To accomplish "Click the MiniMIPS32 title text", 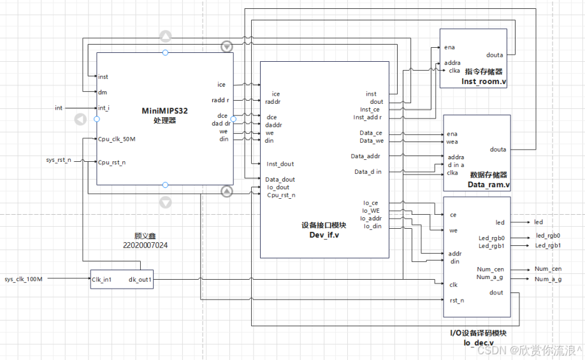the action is coord(164,111).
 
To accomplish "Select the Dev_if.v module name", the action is coord(324,234).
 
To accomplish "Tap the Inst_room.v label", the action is coord(484,82).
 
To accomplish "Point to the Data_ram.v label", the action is coord(488,185).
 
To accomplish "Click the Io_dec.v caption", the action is coord(479,342).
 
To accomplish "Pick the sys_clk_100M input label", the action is coord(24,279).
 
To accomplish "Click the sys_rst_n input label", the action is coord(59,160).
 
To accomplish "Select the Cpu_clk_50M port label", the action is coord(117,139).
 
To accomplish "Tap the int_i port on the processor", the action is coord(104,108).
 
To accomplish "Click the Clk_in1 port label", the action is coord(101,280).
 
